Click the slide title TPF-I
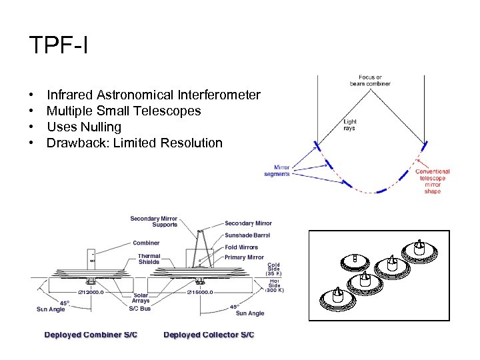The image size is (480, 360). pyautogui.click(x=59, y=45)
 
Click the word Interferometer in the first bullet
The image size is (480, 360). pyautogui.click(x=224, y=95)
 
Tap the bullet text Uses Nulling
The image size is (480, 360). pyautogui.click(x=84, y=127)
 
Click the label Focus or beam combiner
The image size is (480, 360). pyautogui.click(x=370, y=81)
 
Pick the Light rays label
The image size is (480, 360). pyautogui.click(x=350, y=125)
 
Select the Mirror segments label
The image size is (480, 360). pyautogui.click(x=277, y=171)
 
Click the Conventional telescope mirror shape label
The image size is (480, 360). pyautogui.click(x=433, y=181)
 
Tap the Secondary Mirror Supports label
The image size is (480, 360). pyautogui.click(x=154, y=221)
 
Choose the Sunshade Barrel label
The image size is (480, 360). pyautogui.click(x=246, y=235)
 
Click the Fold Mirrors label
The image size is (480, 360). pyautogui.click(x=241, y=247)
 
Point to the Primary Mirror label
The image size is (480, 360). pyautogui.click(x=244, y=257)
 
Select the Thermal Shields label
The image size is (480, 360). pyautogui.click(x=149, y=259)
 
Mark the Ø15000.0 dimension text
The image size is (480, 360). pyautogui.click(x=200, y=292)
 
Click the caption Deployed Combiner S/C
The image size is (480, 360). pyautogui.click(x=91, y=334)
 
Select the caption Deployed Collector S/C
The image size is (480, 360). pyautogui.click(x=209, y=334)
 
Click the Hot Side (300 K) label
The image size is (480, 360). pyautogui.click(x=275, y=286)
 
